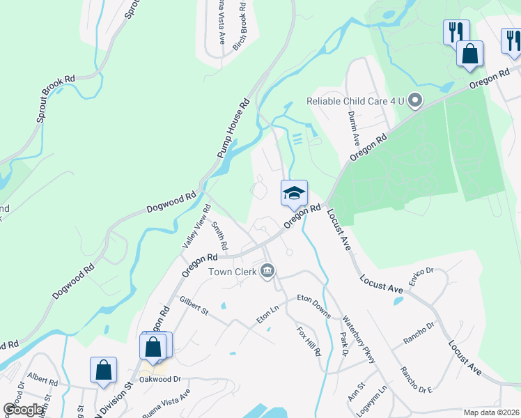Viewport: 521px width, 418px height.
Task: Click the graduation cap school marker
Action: point(294,192)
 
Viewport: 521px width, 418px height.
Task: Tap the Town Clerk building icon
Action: point(267,271)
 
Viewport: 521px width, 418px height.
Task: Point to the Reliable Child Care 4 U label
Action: point(355,101)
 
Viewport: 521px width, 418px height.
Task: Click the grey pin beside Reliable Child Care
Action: point(415,101)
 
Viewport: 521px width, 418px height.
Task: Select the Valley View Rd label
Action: point(196,226)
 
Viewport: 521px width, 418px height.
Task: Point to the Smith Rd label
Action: point(219,236)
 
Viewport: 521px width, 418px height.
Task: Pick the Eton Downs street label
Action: point(313,305)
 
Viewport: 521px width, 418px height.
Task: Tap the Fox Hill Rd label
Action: point(308,341)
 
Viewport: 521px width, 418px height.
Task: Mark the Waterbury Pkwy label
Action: point(359,340)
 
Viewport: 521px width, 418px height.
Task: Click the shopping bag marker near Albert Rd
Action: point(103,370)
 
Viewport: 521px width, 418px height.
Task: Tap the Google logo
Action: point(23,410)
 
